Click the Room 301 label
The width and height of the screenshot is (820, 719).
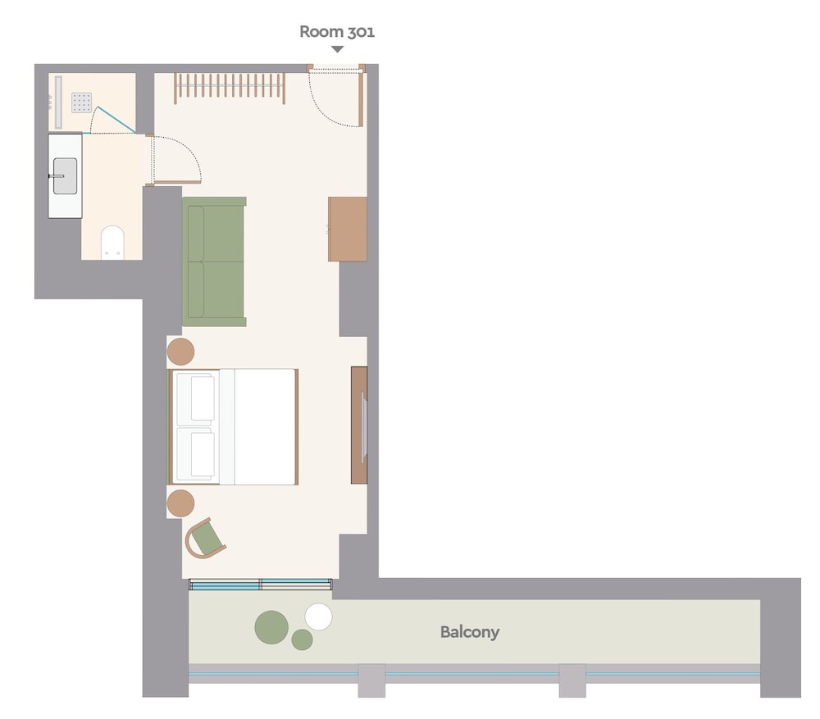[337, 32]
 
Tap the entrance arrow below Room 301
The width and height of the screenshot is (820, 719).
[337, 49]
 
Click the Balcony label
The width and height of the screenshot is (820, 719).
[470, 632]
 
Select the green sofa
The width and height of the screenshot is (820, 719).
[214, 262]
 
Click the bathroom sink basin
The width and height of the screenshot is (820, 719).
[66, 176]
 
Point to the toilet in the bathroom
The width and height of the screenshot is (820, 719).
[112, 243]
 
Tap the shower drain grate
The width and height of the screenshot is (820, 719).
[81, 102]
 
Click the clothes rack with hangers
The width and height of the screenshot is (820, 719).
[230, 87]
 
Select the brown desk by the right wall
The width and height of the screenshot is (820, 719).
[347, 229]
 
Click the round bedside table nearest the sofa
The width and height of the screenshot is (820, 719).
[180, 352]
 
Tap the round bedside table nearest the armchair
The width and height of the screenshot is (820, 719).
[180, 503]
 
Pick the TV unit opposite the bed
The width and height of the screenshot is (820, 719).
[359, 425]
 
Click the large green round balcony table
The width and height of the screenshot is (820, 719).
[271, 627]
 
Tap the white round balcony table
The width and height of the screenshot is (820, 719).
[318, 617]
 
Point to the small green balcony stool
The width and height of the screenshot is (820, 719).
[303, 639]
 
